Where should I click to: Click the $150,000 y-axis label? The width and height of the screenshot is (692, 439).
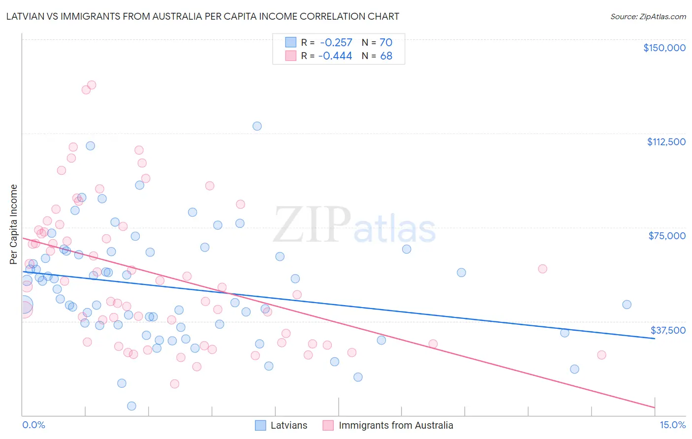(x=664, y=48)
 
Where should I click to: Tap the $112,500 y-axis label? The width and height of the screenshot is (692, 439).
(x=666, y=142)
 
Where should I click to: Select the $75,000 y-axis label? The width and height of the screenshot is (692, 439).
(x=667, y=236)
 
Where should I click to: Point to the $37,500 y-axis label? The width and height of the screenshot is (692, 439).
(x=668, y=330)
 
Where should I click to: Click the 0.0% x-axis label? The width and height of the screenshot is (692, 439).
(x=33, y=425)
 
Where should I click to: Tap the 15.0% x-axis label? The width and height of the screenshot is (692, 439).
(x=672, y=425)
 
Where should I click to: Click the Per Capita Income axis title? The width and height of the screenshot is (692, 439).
(x=13, y=224)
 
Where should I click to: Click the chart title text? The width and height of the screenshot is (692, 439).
(x=202, y=16)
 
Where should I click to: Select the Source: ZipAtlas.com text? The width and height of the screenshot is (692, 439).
(x=648, y=16)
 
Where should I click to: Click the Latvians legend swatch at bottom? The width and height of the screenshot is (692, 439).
(x=260, y=425)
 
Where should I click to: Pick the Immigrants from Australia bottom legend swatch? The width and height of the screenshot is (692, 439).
(x=328, y=425)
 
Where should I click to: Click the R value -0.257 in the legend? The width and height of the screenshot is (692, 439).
(x=336, y=42)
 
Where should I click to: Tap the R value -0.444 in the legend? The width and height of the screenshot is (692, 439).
(x=336, y=56)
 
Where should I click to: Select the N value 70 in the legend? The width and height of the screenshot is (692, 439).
(x=386, y=42)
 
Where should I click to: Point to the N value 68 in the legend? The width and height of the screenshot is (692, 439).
(x=386, y=56)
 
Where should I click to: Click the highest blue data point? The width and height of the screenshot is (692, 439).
(x=257, y=126)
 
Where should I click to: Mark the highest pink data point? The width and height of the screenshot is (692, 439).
(x=92, y=85)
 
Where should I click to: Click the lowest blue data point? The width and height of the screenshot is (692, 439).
(x=131, y=406)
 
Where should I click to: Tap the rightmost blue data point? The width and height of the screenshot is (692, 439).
(x=627, y=305)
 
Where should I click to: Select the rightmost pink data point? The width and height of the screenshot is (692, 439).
(x=601, y=355)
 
